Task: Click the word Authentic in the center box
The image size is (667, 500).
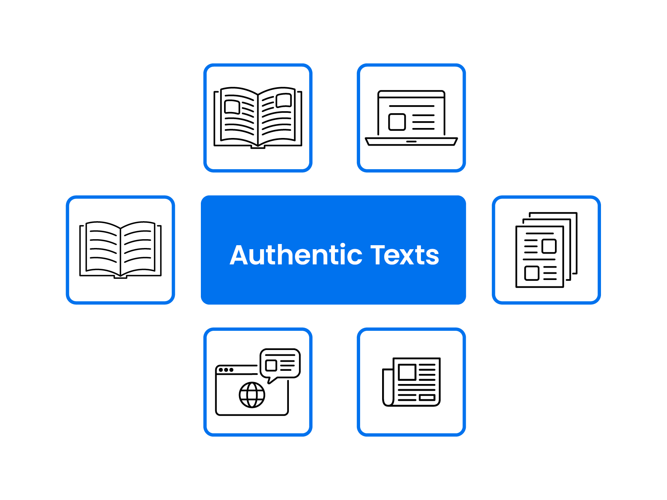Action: click(295, 255)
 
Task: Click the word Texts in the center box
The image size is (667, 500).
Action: click(405, 255)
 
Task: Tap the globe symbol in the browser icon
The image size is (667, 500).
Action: click(252, 395)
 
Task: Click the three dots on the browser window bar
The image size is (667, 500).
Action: click(226, 370)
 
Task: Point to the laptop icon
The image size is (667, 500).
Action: click(411, 118)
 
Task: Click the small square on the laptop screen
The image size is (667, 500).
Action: click(397, 122)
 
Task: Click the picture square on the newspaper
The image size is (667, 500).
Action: click(407, 372)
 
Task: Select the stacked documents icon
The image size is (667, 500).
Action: click(547, 250)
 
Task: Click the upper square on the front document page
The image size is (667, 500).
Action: click(549, 246)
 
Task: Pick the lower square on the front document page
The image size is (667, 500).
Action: click(532, 273)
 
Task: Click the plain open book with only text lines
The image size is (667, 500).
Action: click(120, 249)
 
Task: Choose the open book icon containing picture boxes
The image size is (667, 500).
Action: click(258, 117)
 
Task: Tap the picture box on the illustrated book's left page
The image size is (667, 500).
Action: click(232, 107)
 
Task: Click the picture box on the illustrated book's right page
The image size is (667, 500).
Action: click(284, 100)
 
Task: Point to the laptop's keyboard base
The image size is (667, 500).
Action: click(411, 142)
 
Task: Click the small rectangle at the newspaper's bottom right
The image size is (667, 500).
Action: click(427, 398)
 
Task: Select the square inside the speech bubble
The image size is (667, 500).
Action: click(271, 365)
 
